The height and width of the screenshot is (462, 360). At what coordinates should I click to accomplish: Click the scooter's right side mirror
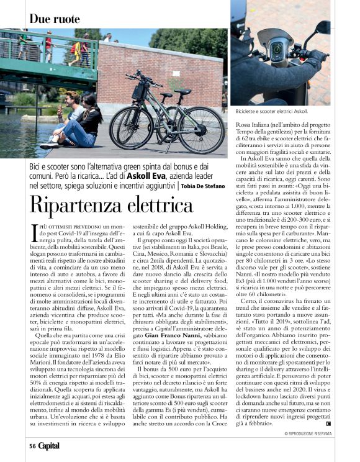pyautogui.click(x=323, y=28)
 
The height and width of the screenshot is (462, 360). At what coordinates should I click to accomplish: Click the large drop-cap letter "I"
pyautogui.click(x=34, y=232)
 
